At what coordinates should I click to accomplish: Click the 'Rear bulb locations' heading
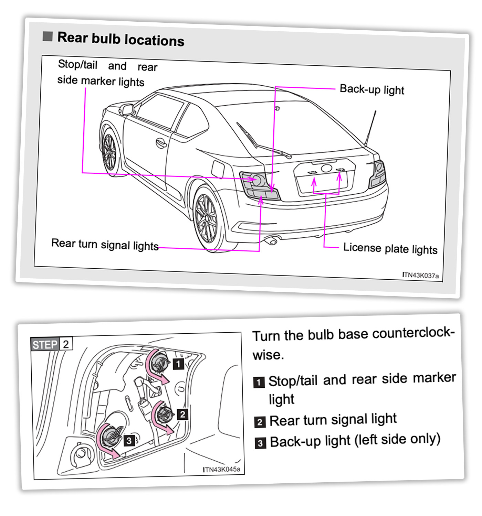120,39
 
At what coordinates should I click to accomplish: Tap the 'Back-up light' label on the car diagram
371,89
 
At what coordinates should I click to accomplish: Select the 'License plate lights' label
390,248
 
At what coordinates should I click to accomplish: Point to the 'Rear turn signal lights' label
105,245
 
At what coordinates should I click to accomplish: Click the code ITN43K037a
420,275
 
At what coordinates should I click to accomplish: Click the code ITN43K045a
222,469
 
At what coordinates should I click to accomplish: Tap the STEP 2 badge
52,344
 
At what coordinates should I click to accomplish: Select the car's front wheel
109,153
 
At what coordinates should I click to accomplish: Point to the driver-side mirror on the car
127,109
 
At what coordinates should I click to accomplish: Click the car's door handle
161,142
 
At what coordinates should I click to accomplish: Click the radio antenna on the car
370,127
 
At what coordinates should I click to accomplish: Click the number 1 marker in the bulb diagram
178,364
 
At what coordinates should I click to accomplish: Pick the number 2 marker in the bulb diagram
182,414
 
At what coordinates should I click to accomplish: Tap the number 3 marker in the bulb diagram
129,441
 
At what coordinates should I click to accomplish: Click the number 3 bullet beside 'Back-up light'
260,443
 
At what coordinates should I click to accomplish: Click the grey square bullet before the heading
48,36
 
